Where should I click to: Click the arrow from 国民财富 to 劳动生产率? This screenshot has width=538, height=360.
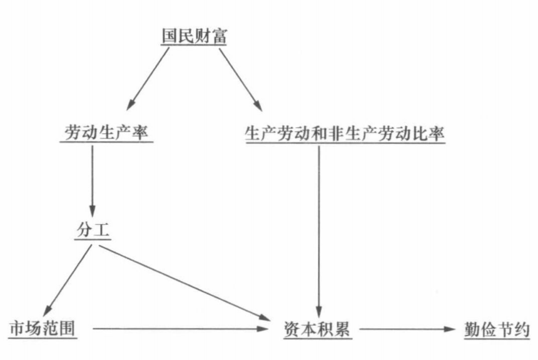coord(148,78)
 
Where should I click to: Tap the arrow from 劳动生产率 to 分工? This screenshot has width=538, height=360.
coord(93,182)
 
